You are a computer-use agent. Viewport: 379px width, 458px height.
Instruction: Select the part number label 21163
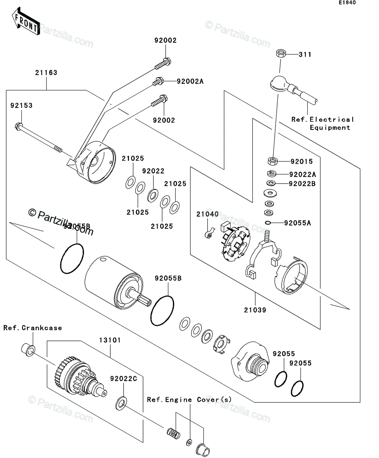[47, 73]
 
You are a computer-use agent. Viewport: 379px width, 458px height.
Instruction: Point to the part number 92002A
[190, 81]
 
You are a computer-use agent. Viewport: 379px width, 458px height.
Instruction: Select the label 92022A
[302, 174]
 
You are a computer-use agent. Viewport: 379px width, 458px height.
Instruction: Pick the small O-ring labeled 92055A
[269, 223]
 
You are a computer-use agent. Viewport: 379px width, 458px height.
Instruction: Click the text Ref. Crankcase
[33, 328]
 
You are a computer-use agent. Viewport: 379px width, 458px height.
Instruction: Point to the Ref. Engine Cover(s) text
[189, 400]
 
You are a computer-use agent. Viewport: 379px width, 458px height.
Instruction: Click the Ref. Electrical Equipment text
[323, 124]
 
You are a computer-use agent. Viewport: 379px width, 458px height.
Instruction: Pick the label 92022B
[302, 184]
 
